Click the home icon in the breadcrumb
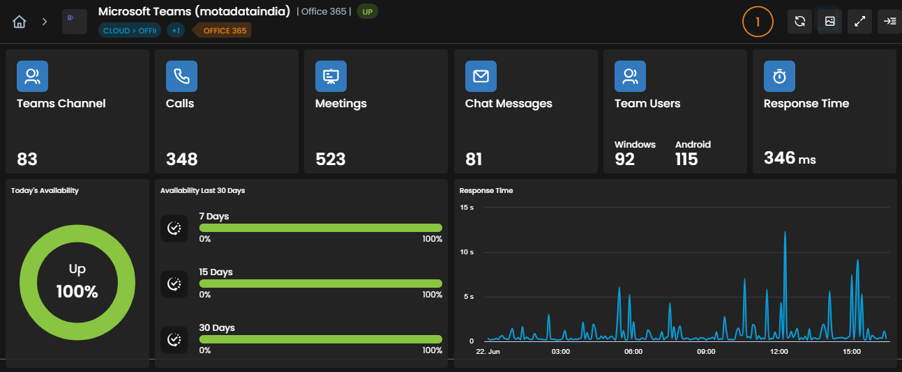[x=19, y=22]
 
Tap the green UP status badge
[x=367, y=12]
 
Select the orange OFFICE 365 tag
[x=223, y=31]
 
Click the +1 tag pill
[x=176, y=31]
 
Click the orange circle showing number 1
[x=758, y=22]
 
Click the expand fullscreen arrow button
[x=859, y=22]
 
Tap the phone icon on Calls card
[x=181, y=76]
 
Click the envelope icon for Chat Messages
[x=481, y=76]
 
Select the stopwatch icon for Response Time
[x=779, y=76]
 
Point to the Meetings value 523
[x=331, y=160]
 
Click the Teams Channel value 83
[x=27, y=160]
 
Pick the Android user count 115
[x=686, y=160]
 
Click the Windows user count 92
[x=624, y=160]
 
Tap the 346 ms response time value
[x=790, y=158]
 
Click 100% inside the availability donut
[x=77, y=292]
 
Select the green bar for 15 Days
[x=320, y=284]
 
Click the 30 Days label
[x=217, y=327]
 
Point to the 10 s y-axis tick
[x=467, y=252]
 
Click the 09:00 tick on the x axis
[x=706, y=352]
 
